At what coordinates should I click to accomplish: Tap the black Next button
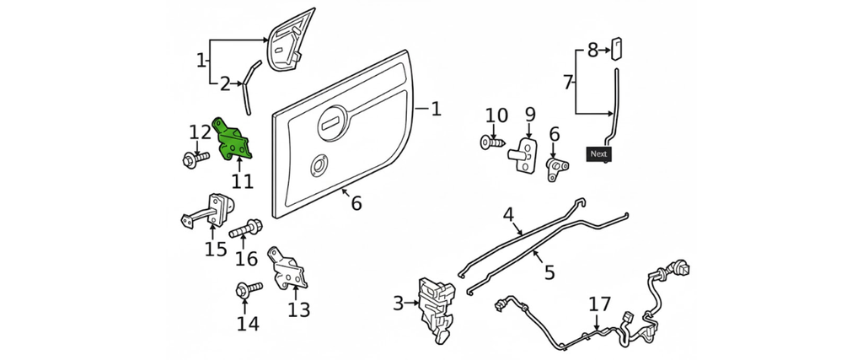pyautogui.click(x=598, y=154)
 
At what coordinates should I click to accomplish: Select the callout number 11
pyautogui.click(x=242, y=181)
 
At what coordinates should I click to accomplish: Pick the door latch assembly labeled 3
pyautogui.click(x=437, y=309)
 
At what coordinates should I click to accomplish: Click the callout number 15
pyautogui.click(x=215, y=249)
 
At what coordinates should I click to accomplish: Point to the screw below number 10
pyautogui.click(x=494, y=143)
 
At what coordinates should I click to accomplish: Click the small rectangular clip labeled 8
pyautogui.click(x=616, y=46)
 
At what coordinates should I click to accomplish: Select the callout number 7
pyautogui.click(x=567, y=83)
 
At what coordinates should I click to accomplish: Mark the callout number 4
pyautogui.click(x=508, y=214)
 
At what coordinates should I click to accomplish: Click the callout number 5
pyautogui.click(x=549, y=272)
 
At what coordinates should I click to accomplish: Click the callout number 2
pyautogui.click(x=225, y=83)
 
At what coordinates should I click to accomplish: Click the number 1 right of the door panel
pyautogui.click(x=435, y=109)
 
